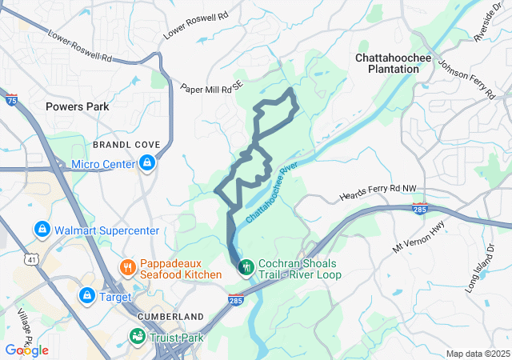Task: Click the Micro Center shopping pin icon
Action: [x=147, y=164]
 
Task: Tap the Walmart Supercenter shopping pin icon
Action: [x=42, y=230]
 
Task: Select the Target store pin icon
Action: [x=86, y=296]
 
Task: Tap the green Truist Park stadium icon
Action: [x=138, y=338]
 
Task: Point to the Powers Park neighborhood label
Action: [x=77, y=106]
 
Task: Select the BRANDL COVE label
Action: [x=126, y=145]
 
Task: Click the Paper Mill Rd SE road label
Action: [x=210, y=89]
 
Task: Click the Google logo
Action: [x=27, y=350]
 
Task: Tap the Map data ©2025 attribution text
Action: [x=477, y=354]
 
